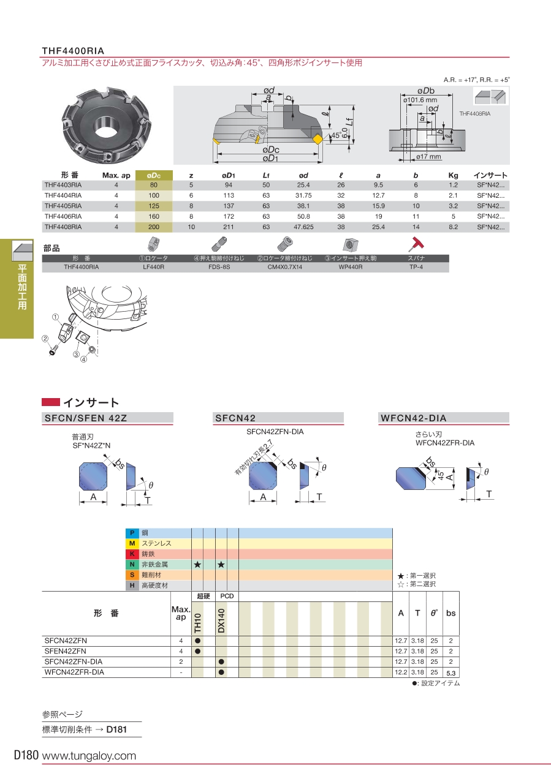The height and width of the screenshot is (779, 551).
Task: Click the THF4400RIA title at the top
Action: point(73,50)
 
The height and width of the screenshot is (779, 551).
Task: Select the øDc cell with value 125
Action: point(153,205)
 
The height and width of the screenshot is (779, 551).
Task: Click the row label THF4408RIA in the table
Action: point(63,227)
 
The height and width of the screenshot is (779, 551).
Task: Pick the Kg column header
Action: point(454,175)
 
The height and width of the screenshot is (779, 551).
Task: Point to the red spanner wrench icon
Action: point(418,244)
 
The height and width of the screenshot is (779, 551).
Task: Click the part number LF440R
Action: point(153,268)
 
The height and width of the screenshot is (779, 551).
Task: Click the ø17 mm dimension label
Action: point(429,157)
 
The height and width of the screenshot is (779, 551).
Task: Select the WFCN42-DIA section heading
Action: point(414,418)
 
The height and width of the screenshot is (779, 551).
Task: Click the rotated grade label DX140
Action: point(221,620)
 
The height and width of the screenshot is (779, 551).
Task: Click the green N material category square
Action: point(132,564)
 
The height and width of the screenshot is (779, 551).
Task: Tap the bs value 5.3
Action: point(451,672)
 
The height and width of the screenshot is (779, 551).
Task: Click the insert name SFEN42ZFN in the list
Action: point(66,651)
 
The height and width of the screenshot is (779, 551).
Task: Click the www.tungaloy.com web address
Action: point(89,756)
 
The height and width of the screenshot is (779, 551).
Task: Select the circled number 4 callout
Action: point(84,359)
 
